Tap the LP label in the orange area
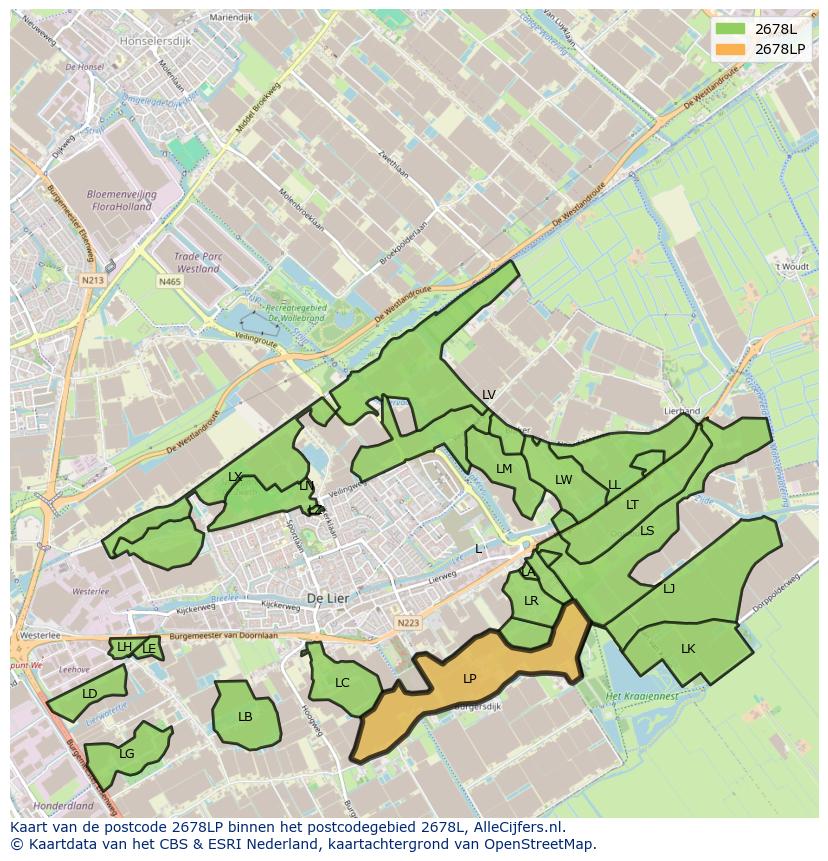pyautogui.click(x=469, y=679)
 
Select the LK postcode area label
pyautogui.click(x=687, y=649)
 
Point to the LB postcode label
pyautogui.click(x=245, y=716)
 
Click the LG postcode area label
pyautogui.click(x=126, y=754)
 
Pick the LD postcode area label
pyautogui.click(x=90, y=694)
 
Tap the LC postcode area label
pyautogui.click(x=342, y=683)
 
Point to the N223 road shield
pyautogui.click(x=407, y=623)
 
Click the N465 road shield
pyautogui.click(x=169, y=283)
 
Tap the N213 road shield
pyautogui.click(x=93, y=280)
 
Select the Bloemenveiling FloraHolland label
pyautogui.click(x=119, y=201)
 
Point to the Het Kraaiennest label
pyautogui.click(x=642, y=695)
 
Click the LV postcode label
pyautogui.click(x=488, y=395)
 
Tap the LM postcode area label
pyautogui.click(x=504, y=469)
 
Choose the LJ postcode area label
pyautogui.click(x=669, y=589)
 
